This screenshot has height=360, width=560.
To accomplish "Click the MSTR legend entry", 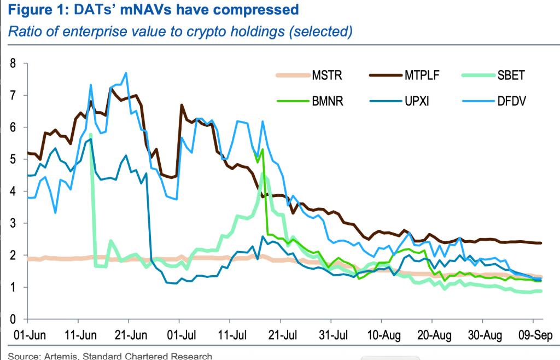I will [327, 76].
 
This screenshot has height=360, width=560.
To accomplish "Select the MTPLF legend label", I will [420, 76].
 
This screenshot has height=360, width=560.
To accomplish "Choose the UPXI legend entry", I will [417, 101].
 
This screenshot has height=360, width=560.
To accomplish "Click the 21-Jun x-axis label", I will [129, 334].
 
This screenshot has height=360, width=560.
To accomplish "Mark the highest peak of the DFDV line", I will [126, 73].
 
